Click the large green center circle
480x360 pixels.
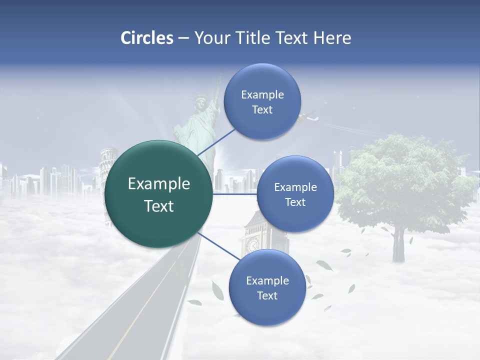click(159, 194)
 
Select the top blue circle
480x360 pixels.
click(262, 101)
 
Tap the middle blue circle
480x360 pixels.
click(295, 194)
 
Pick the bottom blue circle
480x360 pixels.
click(267, 287)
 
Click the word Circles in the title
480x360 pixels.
click(147, 38)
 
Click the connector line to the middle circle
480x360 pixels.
click(234, 194)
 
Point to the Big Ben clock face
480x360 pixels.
click(252, 244)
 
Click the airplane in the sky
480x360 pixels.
click(308, 118)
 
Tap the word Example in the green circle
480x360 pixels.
click(159, 184)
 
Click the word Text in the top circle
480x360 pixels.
click(262, 110)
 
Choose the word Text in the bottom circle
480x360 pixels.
click(267, 296)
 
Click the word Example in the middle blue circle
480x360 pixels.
click(295, 187)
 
